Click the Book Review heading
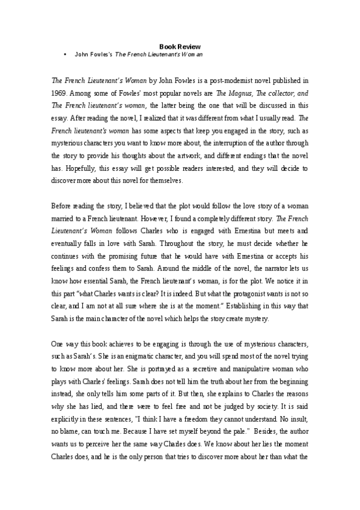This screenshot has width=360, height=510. (x=180, y=46)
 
